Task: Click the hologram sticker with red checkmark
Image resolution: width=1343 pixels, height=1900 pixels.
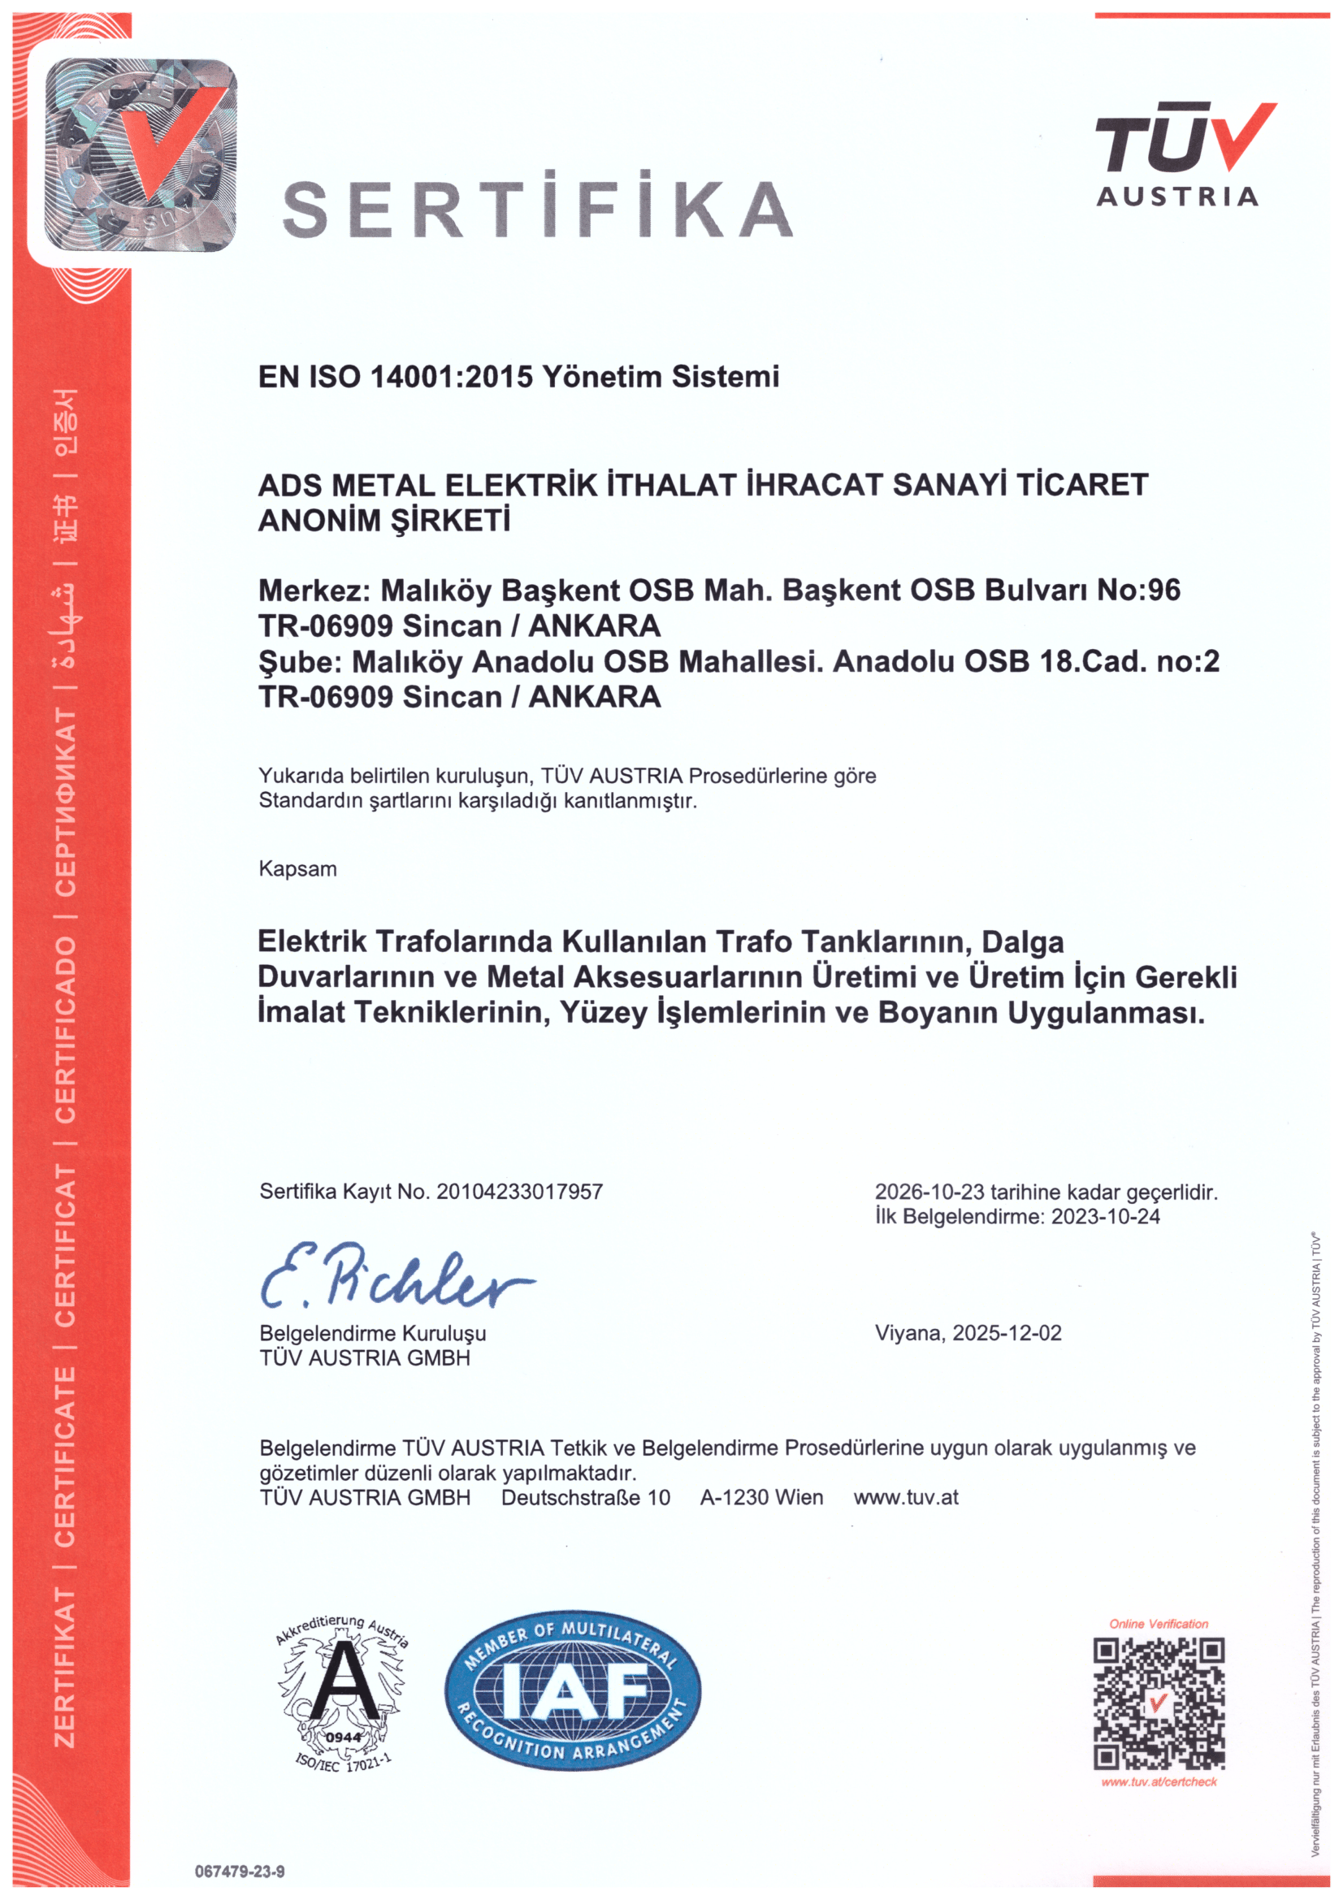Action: [141, 155]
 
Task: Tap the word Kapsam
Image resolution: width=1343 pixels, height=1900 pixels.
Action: [298, 869]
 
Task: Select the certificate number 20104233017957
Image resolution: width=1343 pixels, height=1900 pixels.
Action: [520, 1192]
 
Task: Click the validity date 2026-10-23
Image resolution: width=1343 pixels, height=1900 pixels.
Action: [929, 1192]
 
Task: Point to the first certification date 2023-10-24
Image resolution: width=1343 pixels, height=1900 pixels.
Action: [1106, 1217]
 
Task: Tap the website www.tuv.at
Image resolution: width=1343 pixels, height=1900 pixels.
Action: [906, 1497]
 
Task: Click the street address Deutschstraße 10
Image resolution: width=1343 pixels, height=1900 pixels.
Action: [586, 1497]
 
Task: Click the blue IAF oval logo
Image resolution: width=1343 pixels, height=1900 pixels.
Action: [573, 1690]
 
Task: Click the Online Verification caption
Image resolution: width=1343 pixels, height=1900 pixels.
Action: [1159, 1624]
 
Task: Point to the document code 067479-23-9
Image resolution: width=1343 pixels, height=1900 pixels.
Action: [240, 1872]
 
